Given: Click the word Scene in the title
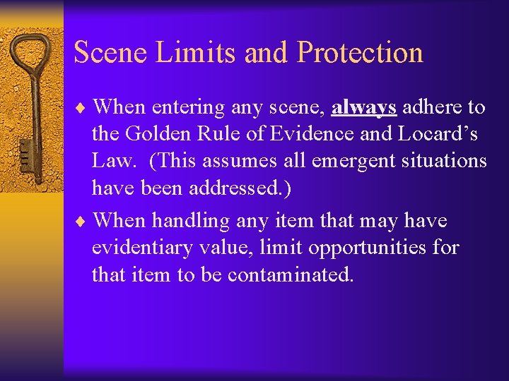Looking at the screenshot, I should pyautogui.click(x=107, y=53).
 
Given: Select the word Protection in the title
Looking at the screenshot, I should pyautogui.click(x=360, y=53).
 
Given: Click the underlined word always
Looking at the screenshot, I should pyautogui.click(x=363, y=107).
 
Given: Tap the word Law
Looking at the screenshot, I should pyautogui.click(x=111, y=162).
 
